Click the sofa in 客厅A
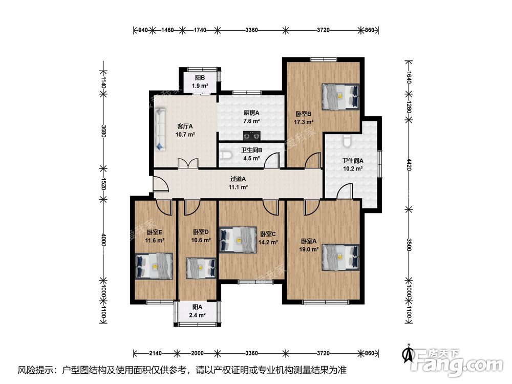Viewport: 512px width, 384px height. tap(160, 130)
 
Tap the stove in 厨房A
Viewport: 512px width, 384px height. tap(251, 135)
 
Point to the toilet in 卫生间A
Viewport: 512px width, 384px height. tap(347, 141)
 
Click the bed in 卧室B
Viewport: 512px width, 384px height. tap(340, 97)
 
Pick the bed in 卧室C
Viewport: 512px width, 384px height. tap(238, 240)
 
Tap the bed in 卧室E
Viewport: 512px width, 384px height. tap(154, 266)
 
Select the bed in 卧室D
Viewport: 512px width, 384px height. tap(201, 268)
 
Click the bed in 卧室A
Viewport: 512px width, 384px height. tap(340, 258)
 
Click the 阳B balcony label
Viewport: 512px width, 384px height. tap(200, 78)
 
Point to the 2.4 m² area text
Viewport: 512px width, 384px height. tap(197, 315)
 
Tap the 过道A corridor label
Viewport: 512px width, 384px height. tap(238, 179)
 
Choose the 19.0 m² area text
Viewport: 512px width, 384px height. tap(309, 249)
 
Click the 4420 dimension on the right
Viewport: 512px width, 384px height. tap(409, 164)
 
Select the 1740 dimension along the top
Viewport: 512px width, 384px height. tap(200, 30)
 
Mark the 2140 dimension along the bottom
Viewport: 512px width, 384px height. tap(155, 353)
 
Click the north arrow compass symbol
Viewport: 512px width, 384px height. tap(408, 354)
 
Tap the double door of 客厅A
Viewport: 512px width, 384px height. tap(188, 164)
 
